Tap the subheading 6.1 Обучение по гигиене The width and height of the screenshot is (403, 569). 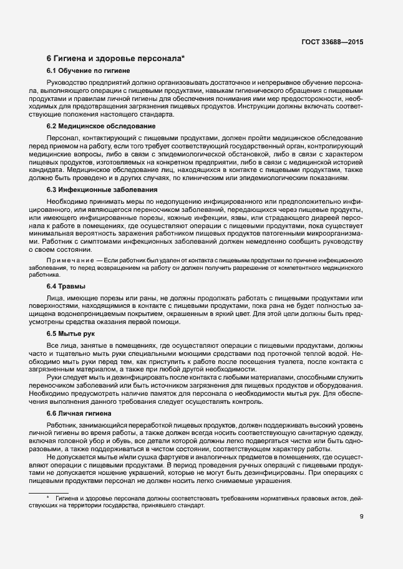click(88, 71)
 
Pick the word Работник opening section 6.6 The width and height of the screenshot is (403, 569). click(62, 425)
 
